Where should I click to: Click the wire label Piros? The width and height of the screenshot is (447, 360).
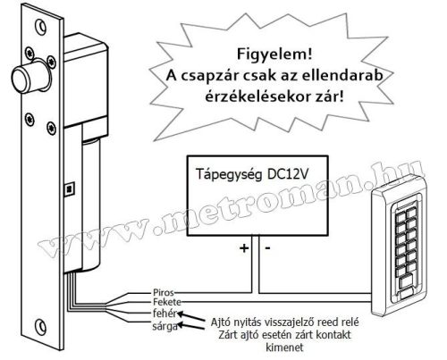click(x=163, y=291)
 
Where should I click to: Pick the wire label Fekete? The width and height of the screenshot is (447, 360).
click(x=165, y=303)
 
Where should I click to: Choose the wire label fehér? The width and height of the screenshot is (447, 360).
click(x=164, y=314)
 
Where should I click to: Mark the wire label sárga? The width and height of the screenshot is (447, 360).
click(x=164, y=328)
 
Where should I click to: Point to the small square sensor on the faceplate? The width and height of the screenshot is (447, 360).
click(x=68, y=188)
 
